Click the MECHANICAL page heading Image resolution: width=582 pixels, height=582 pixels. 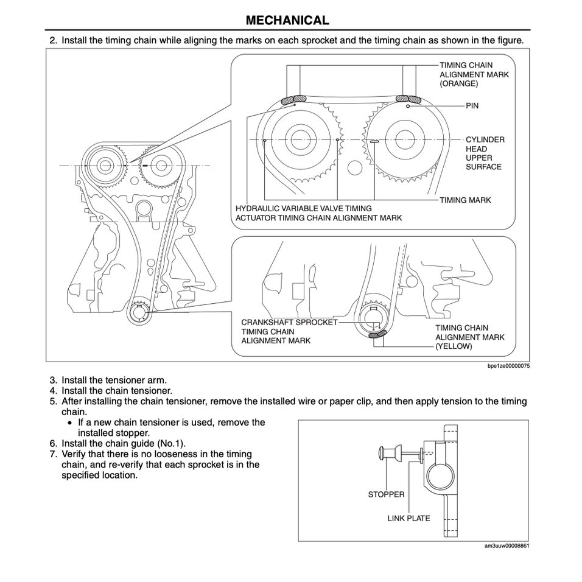[287, 20]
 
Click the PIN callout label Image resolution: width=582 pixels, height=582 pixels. [472, 106]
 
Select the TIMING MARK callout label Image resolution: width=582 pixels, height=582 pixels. [465, 200]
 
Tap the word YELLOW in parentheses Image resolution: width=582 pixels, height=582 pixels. [454, 346]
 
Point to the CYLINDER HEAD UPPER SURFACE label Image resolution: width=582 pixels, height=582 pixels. [485, 153]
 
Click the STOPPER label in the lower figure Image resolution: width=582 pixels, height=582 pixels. [386, 494]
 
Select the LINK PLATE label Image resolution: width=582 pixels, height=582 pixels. [408, 519]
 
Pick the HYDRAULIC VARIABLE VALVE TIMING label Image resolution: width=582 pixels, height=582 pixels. [303, 208]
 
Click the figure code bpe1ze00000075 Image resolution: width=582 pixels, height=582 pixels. [508, 366]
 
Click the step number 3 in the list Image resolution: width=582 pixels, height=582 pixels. [53, 380]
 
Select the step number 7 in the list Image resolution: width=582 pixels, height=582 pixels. [53, 454]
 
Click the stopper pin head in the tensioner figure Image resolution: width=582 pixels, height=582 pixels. [384, 453]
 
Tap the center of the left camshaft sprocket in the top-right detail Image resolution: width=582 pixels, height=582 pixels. [297, 139]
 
